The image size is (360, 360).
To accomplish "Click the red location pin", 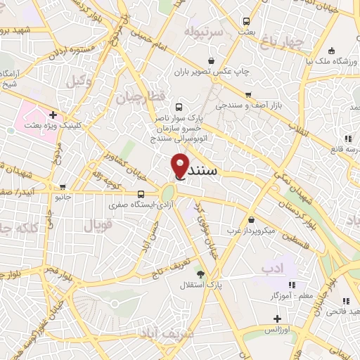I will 180,165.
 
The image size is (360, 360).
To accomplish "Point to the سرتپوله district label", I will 204,32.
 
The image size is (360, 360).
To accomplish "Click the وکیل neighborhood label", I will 79,82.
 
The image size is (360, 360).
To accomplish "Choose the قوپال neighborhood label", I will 98,226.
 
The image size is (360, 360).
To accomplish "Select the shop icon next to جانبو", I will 63,188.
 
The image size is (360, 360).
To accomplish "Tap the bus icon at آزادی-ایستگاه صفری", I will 141,194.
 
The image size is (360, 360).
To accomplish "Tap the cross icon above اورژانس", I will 278,319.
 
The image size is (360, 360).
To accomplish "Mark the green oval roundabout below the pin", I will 168,193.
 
